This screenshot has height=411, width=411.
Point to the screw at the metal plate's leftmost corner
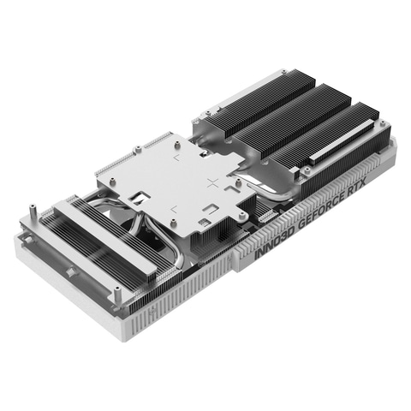coord(100,170)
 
